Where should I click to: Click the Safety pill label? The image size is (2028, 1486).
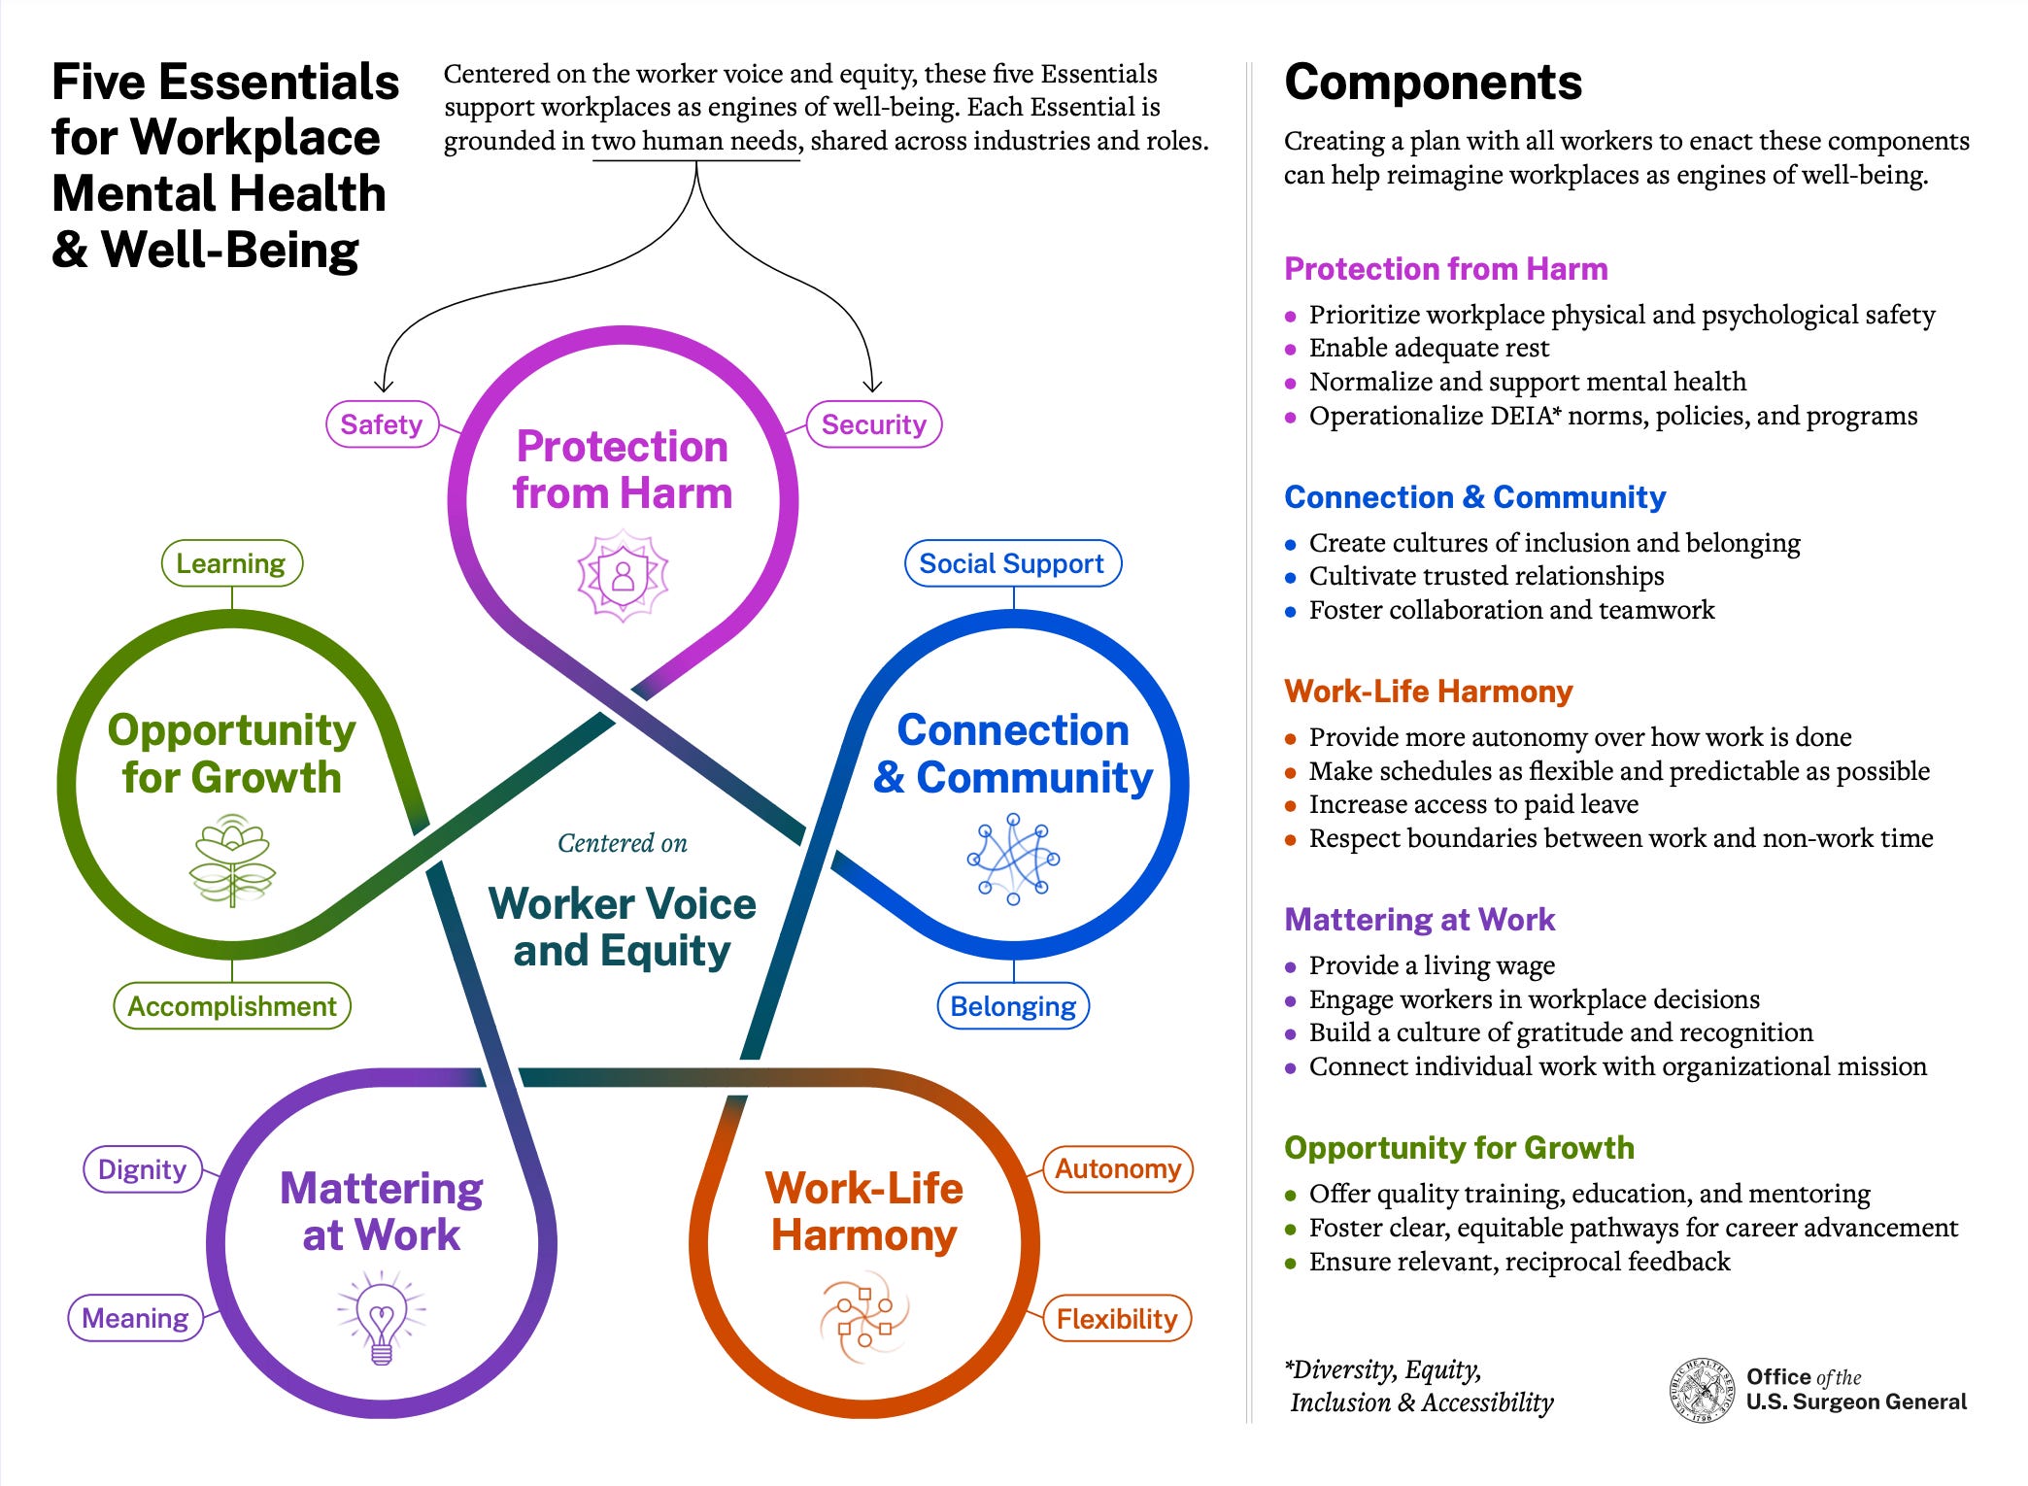click(x=382, y=424)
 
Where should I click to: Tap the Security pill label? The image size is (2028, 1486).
click(x=873, y=424)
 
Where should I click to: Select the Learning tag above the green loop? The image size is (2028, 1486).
click(x=231, y=563)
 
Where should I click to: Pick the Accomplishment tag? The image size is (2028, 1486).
click(x=232, y=1006)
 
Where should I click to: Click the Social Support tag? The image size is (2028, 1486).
click(x=1012, y=563)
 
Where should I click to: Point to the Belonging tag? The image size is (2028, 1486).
click(x=1013, y=1006)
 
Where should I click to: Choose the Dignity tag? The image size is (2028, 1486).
click(x=142, y=1169)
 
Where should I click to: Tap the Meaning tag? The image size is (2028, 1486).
click(x=135, y=1318)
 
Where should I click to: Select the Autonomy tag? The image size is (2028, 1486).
click(x=1117, y=1168)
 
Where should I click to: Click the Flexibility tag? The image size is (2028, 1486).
click(x=1117, y=1319)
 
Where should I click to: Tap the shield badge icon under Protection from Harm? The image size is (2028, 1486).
click(x=623, y=575)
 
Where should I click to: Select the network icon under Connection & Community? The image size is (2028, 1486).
click(x=1013, y=860)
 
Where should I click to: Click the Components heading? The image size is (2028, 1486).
click(x=1433, y=82)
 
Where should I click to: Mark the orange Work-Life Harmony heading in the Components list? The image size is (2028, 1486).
click(x=1428, y=692)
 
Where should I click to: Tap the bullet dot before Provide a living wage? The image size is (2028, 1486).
click(x=1291, y=967)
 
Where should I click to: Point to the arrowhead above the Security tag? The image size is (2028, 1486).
click(x=872, y=386)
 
